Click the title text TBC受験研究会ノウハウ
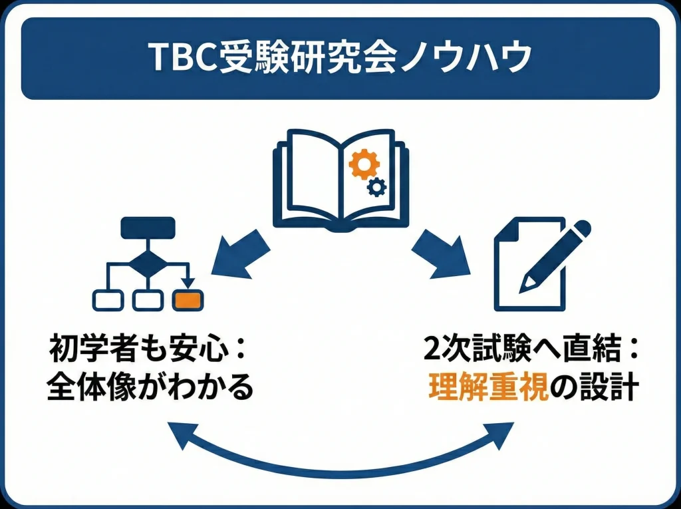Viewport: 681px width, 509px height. pyautogui.click(x=340, y=59)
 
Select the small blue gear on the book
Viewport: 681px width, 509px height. pyautogui.click(x=376, y=188)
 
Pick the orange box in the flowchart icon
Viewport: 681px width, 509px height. pyautogui.click(x=188, y=300)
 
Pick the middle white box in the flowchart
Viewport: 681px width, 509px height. pyautogui.click(x=147, y=300)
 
